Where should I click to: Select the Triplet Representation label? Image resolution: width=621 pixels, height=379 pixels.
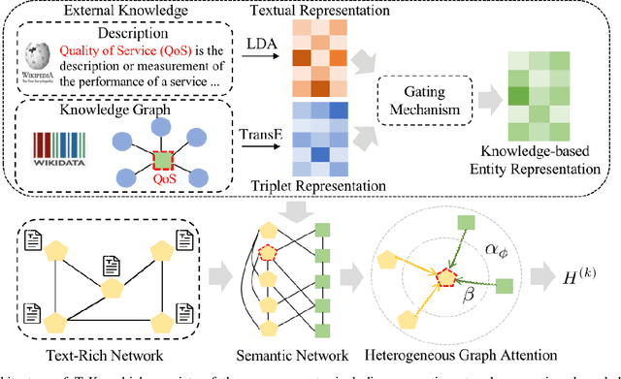click(x=320, y=186)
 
